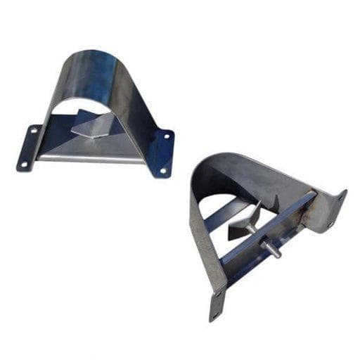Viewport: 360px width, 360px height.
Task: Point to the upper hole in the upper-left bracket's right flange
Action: (167, 136)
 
